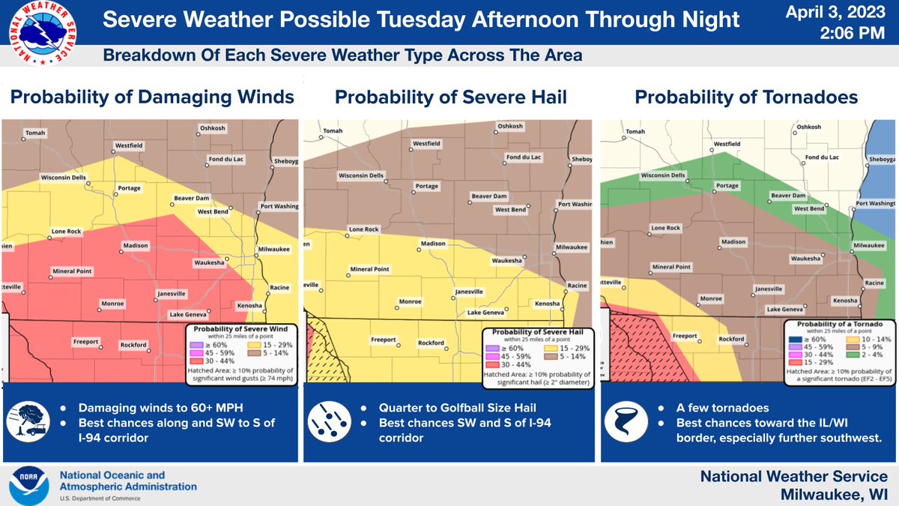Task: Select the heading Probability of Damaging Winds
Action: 151,97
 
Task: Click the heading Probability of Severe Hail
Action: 449,97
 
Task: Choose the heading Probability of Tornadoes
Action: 746,97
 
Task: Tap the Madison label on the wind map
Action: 136,245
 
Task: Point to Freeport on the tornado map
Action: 685,336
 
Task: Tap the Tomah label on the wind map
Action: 35,133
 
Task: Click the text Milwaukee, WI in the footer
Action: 834,493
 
